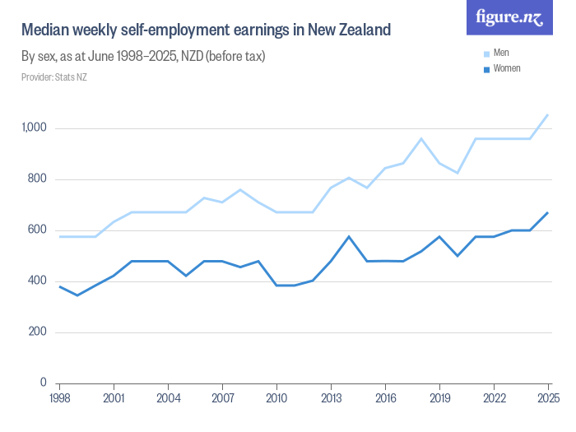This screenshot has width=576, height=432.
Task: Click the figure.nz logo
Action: [x=509, y=17]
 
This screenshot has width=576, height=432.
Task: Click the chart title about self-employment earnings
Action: [x=206, y=30]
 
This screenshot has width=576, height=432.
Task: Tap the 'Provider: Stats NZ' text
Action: [x=53, y=77]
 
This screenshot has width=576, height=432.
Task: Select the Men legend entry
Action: [x=500, y=53]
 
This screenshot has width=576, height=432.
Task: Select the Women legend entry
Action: [x=505, y=68]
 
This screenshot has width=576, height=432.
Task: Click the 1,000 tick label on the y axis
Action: [x=35, y=128]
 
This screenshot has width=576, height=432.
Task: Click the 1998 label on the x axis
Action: [x=59, y=398]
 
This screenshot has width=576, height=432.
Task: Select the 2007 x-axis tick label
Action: [x=222, y=398]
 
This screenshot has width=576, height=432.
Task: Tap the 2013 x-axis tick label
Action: [x=331, y=398]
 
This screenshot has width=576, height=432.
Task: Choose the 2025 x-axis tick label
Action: [x=548, y=398]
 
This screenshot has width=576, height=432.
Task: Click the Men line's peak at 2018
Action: [x=421, y=138]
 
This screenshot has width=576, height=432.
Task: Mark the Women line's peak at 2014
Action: [x=349, y=236]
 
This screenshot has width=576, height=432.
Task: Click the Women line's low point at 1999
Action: [x=77, y=295]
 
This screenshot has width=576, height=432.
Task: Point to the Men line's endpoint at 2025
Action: [x=548, y=114]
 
